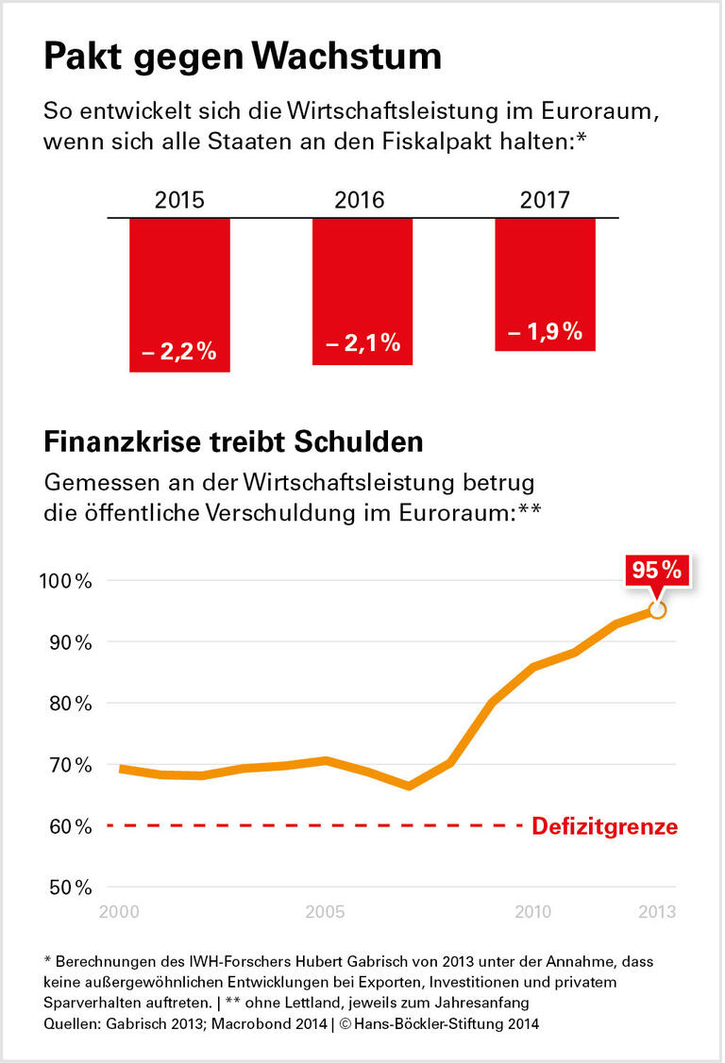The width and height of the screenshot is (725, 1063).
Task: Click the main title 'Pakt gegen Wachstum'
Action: [243, 57]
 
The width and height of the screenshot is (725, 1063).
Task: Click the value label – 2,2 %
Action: [179, 353]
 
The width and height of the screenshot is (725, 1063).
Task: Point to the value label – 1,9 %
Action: [545, 332]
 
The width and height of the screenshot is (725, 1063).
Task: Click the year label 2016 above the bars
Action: [360, 201]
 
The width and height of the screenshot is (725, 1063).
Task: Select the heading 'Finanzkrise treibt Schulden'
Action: [233, 441]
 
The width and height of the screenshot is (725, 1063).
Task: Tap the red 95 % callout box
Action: [657, 571]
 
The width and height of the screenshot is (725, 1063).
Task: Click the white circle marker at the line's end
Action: [657, 610]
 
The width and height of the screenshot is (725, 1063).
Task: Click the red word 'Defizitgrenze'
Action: [605, 827]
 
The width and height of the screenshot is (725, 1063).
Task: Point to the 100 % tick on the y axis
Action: [67, 581]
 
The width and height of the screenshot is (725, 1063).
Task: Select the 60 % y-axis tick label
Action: [70, 827]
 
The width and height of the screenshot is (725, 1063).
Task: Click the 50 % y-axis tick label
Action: [70, 889]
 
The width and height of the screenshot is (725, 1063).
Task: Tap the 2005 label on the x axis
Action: [325, 912]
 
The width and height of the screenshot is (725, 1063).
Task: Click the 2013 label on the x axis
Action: [656, 912]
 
